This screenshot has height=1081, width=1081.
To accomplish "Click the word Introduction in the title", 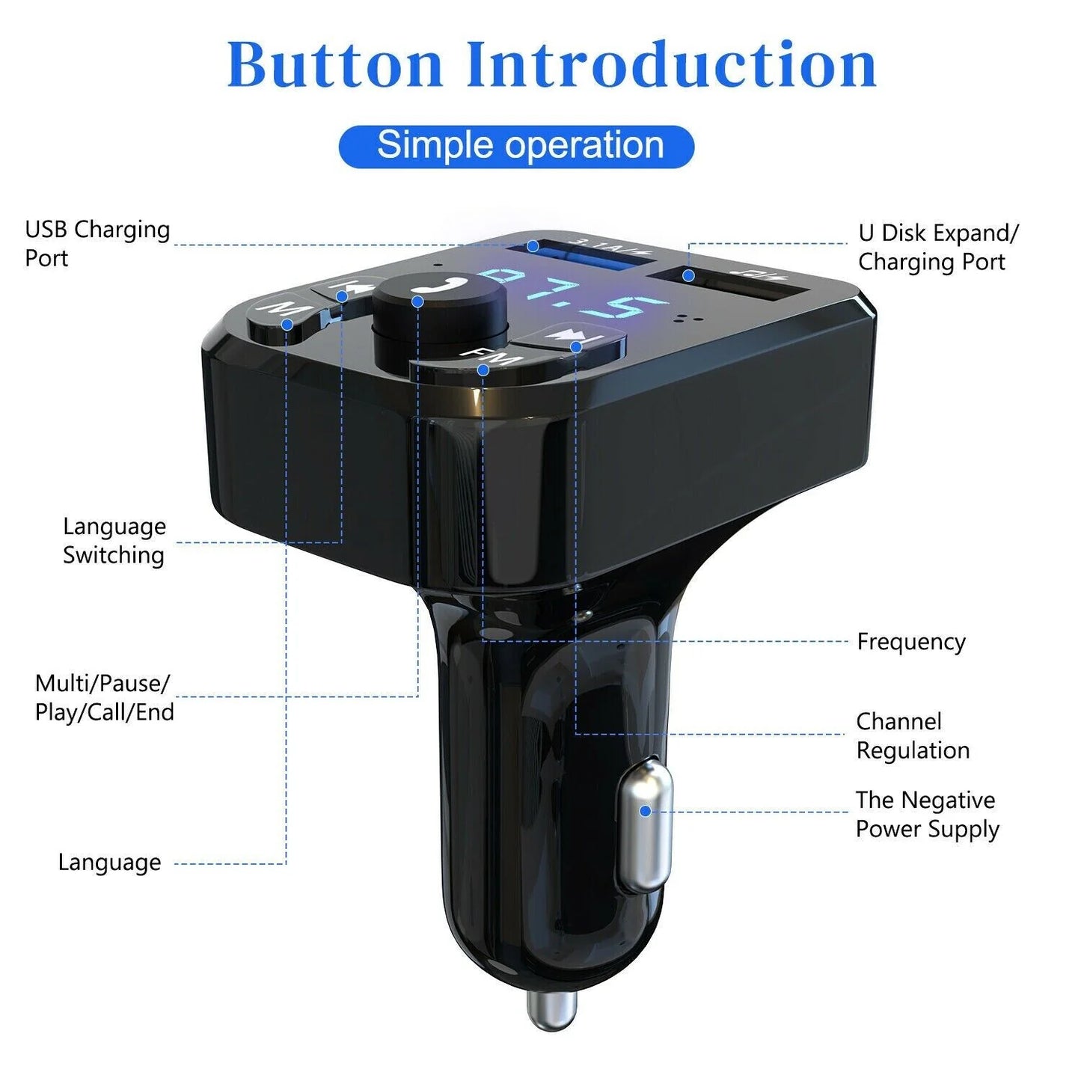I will coord(671,64).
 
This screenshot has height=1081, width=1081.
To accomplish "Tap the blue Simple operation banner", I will coord(516,146).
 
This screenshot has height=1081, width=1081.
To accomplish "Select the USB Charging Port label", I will coord(97,243).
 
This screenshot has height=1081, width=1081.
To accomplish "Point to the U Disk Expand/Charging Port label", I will coord(937,247).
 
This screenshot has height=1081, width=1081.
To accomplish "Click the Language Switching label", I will coord(114,540).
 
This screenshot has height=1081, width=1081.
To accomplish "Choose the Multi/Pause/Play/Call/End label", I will coord(104,697).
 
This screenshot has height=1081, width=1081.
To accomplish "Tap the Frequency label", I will coord(910,642).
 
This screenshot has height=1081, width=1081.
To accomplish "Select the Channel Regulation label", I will coord(912,735).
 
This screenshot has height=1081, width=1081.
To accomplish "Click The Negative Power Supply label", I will coord(926,814).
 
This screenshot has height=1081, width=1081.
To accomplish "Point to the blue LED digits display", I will coord(569,295).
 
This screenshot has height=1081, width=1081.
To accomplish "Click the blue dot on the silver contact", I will coord(645,811).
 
